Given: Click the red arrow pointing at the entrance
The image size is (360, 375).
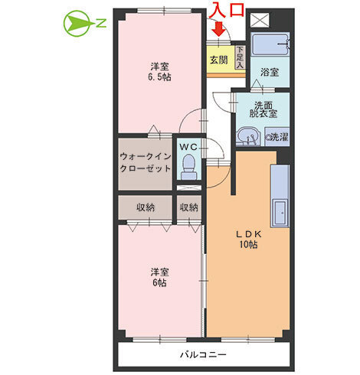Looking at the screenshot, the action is tap(219, 28).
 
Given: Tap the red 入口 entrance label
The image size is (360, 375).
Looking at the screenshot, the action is tap(228, 10).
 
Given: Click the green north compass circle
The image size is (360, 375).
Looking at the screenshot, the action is tap(77, 24).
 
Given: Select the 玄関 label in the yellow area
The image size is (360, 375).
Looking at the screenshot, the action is tap(219, 60).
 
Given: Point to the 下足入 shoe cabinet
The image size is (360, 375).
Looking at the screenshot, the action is tap(240, 57).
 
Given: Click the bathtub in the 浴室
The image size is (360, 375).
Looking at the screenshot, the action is tap(270, 44).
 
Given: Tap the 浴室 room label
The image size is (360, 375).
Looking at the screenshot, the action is tap(270, 73).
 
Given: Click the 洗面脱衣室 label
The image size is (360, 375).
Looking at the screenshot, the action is tap(263, 109).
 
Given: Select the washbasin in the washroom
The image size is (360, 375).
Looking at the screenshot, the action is tap(247, 137).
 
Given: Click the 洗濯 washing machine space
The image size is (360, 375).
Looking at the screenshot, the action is tap(277, 137).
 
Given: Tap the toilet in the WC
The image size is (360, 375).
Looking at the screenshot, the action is tap(189, 167).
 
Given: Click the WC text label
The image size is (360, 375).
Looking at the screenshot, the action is tap(188, 147).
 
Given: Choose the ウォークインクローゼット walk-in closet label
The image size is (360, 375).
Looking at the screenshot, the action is tap(146, 162).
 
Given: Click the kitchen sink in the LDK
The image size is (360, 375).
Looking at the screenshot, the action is tap(280, 213).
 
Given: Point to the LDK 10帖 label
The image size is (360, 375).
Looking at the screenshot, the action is tap(248, 240).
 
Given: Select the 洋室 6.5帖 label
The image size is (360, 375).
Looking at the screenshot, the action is tap(159, 72).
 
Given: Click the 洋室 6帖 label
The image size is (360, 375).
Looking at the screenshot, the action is tap(159, 278).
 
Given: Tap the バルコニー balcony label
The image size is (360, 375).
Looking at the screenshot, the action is tap(204, 355).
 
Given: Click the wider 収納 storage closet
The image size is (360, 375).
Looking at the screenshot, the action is tap(146, 207).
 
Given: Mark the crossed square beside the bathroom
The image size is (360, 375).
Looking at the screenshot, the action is tap(260, 20).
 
